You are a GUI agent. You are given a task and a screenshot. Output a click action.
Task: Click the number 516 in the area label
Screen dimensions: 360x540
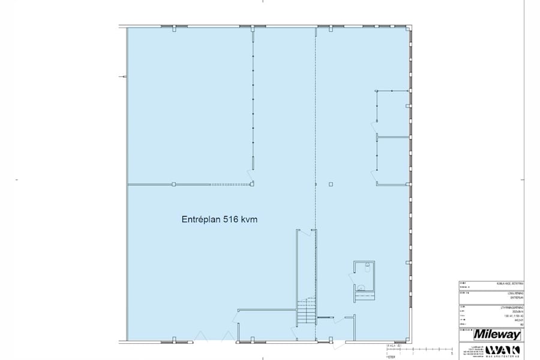tap(232, 220)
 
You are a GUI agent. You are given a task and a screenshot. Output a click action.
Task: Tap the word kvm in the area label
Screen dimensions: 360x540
tap(253, 220)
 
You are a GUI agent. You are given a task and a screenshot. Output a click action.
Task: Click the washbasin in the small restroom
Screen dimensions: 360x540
tap(361, 287)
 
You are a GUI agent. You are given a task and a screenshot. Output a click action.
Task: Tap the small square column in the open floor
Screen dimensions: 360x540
tap(329, 184)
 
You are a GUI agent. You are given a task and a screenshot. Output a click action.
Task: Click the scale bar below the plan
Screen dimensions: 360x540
tap(414, 347)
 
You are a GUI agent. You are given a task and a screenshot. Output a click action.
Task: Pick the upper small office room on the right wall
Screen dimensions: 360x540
tap(392, 112)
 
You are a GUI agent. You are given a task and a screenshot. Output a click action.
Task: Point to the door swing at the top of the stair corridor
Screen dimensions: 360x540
tap(304, 233)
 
